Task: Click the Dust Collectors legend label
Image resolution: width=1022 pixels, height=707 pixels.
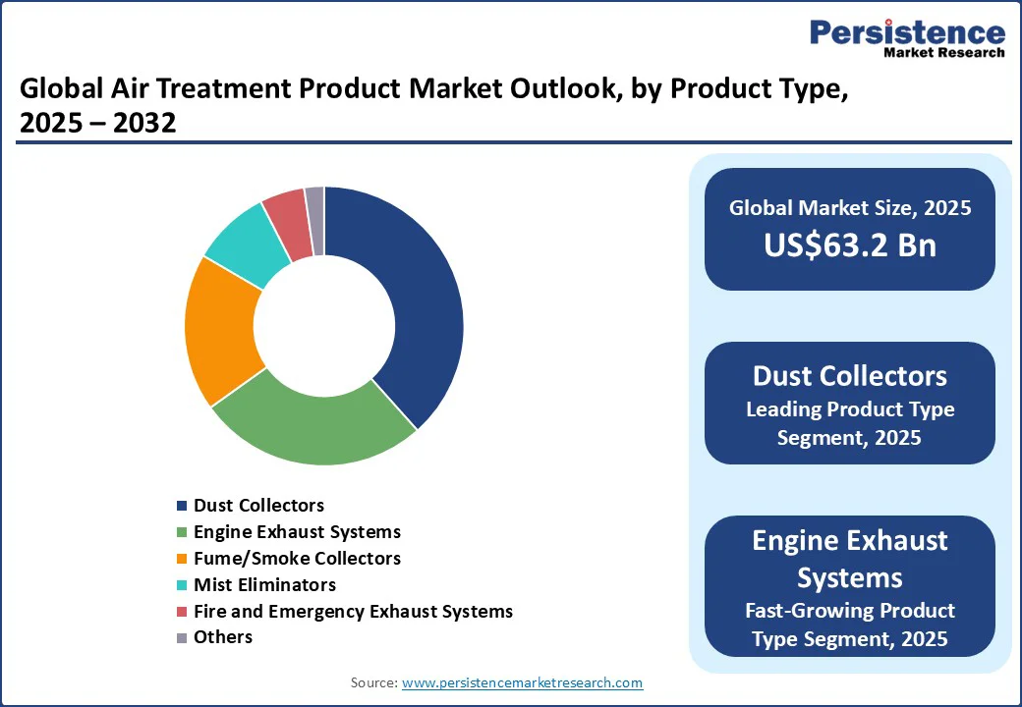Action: (258, 506)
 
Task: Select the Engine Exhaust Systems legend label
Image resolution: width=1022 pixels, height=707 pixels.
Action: (297, 532)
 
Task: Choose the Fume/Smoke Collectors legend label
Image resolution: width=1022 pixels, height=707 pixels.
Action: (297, 559)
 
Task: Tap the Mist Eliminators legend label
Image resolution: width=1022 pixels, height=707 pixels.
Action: (264, 585)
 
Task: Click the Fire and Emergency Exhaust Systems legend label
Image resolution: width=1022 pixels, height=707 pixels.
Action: (353, 612)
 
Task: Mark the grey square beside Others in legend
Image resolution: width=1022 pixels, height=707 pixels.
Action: (181, 638)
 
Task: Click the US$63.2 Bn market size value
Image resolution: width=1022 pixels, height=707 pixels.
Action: (850, 245)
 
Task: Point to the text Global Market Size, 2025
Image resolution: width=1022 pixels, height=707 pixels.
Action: (850, 208)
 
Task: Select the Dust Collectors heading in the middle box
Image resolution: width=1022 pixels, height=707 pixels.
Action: (850, 376)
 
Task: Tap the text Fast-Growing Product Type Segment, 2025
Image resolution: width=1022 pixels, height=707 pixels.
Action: (850, 625)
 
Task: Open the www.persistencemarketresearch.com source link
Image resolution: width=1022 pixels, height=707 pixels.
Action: (522, 682)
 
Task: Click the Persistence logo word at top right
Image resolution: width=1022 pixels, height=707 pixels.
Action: (907, 32)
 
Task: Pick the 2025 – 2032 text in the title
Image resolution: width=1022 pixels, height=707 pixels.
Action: (97, 124)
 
